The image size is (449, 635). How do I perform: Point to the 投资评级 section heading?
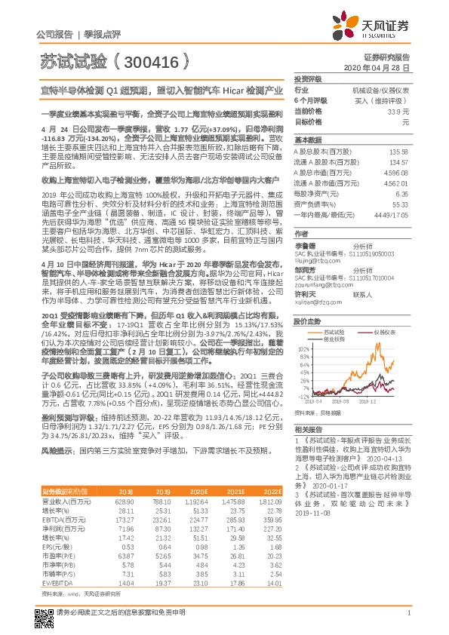click(x=309, y=78)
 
